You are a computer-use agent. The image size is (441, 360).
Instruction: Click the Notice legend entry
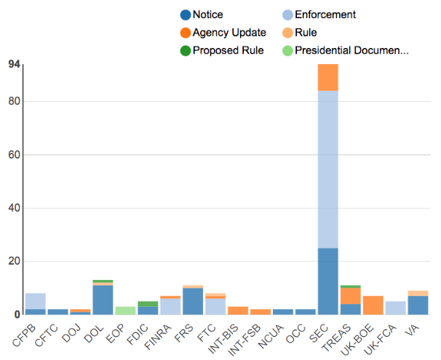207,15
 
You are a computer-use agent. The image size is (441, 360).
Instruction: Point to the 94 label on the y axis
14,65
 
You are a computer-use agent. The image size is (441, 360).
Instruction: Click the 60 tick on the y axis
14,155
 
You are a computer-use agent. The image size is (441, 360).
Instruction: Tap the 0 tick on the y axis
17,314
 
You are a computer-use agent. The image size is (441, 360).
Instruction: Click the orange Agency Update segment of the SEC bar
328,77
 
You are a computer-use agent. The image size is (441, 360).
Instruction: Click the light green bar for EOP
125,311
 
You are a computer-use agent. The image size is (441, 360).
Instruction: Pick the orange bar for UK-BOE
373,305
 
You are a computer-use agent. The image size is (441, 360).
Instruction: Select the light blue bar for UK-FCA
396,308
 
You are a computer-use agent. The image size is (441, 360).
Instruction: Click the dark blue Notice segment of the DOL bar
103,300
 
